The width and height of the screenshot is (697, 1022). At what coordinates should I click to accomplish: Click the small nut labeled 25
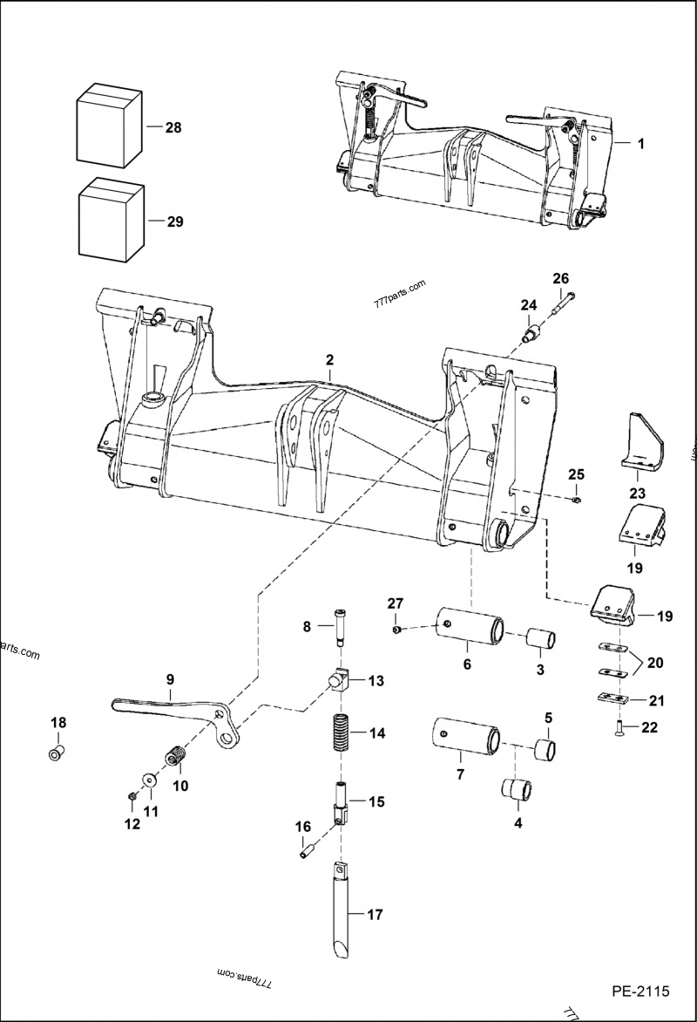577,500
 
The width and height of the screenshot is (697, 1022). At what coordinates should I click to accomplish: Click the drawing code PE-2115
639,991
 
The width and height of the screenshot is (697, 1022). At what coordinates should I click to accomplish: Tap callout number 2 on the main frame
330,359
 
